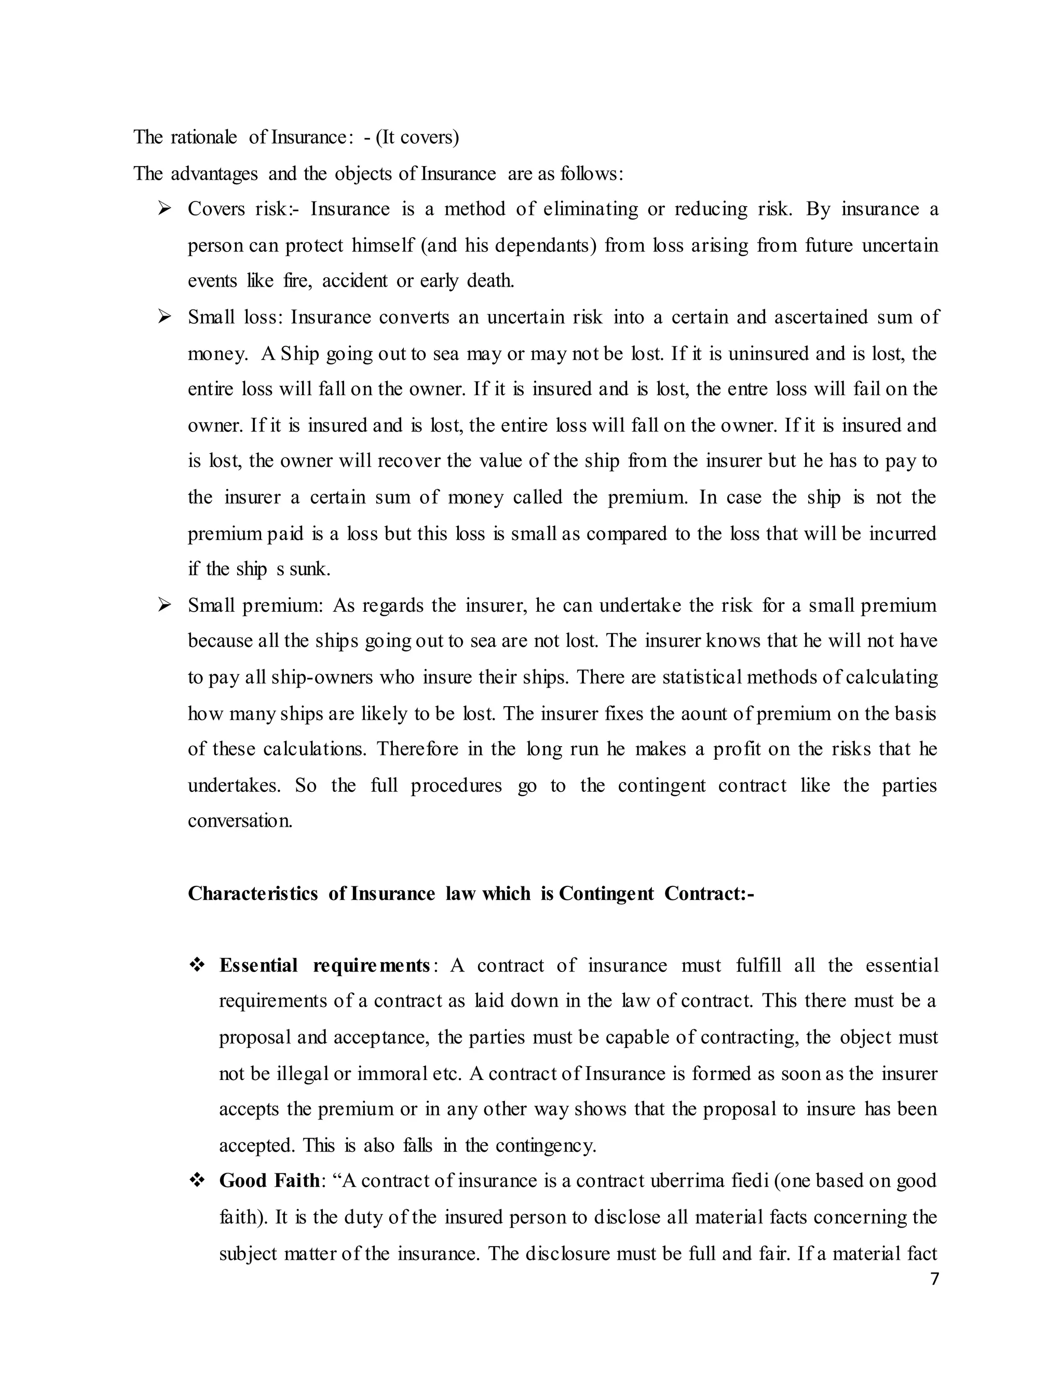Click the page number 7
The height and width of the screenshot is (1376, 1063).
[x=934, y=1279]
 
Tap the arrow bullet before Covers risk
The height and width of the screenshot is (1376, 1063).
[x=165, y=209]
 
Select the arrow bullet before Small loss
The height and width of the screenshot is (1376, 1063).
[x=165, y=316]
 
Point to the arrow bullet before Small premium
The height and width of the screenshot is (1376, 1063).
[x=165, y=605]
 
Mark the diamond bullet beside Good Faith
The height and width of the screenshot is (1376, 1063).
[x=197, y=1180]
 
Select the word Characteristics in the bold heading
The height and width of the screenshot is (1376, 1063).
[x=253, y=894]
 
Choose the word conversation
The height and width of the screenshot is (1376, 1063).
[x=240, y=821]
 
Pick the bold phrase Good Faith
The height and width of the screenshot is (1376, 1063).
[x=269, y=1180]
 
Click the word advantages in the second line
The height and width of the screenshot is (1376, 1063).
[x=214, y=173]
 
